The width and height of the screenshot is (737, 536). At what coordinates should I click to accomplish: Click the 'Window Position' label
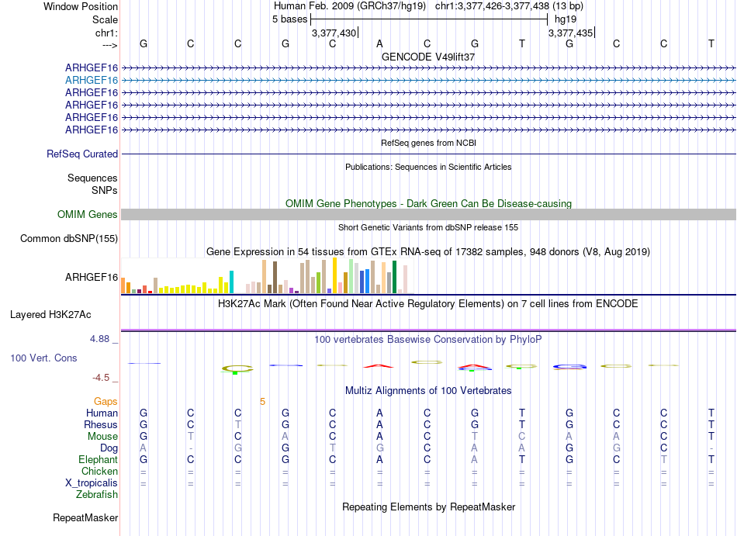pyautogui.click(x=81, y=6)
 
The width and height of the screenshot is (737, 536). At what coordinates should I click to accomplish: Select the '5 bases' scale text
pyautogui.click(x=289, y=19)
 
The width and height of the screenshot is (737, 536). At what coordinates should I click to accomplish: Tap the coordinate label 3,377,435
pyautogui.click(x=570, y=33)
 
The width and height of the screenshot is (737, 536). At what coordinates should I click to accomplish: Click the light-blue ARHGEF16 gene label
pyautogui.click(x=92, y=80)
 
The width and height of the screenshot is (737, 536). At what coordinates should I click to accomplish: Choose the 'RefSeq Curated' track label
pyautogui.click(x=82, y=154)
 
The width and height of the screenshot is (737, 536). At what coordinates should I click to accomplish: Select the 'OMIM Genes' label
pyautogui.click(x=88, y=215)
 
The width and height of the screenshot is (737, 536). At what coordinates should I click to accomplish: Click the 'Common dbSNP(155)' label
pyautogui.click(x=69, y=239)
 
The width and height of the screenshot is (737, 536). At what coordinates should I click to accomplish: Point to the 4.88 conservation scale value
pyautogui.click(x=101, y=339)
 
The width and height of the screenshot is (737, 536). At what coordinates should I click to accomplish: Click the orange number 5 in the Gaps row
pyautogui.click(x=262, y=402)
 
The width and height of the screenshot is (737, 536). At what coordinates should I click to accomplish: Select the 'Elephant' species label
pyautogui.click(x=97, y=460)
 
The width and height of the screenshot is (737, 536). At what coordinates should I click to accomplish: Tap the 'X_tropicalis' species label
pyautogui.click(x=89, y=483)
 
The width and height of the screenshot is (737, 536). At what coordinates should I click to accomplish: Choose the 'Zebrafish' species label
pyautogui.click(x=97, y=495)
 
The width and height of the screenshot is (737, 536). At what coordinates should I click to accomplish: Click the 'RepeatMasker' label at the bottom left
pyautogui.click(x=85, y=517)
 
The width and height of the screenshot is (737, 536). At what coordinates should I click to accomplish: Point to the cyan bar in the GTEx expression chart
pyautogui.click(x=231, y=282)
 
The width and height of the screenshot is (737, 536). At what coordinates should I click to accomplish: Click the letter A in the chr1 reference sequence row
pyautogui.click(x=379, y=43)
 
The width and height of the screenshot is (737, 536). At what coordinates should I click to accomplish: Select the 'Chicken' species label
pyautogui.click(x=99, y=472)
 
